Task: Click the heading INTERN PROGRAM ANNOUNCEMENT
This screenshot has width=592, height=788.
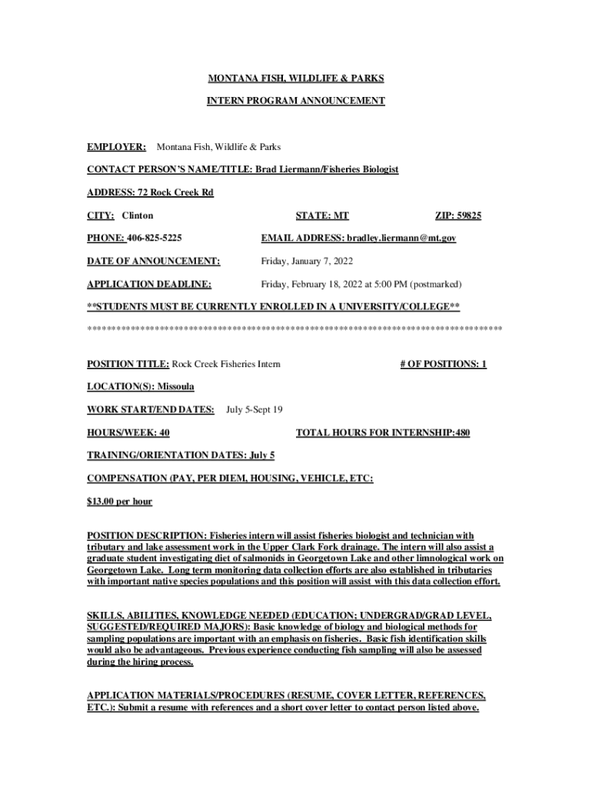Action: [295, 101]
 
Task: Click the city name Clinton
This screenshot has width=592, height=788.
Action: [138, 215]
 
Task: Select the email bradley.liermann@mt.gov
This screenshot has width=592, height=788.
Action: [401, 239]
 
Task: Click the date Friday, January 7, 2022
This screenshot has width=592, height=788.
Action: [312, 262]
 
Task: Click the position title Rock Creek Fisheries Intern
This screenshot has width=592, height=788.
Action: [226, 363]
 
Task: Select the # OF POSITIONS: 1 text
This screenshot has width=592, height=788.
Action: [443, 363]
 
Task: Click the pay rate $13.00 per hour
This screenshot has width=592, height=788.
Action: [119, 502]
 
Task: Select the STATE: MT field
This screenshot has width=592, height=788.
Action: [322, 215]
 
